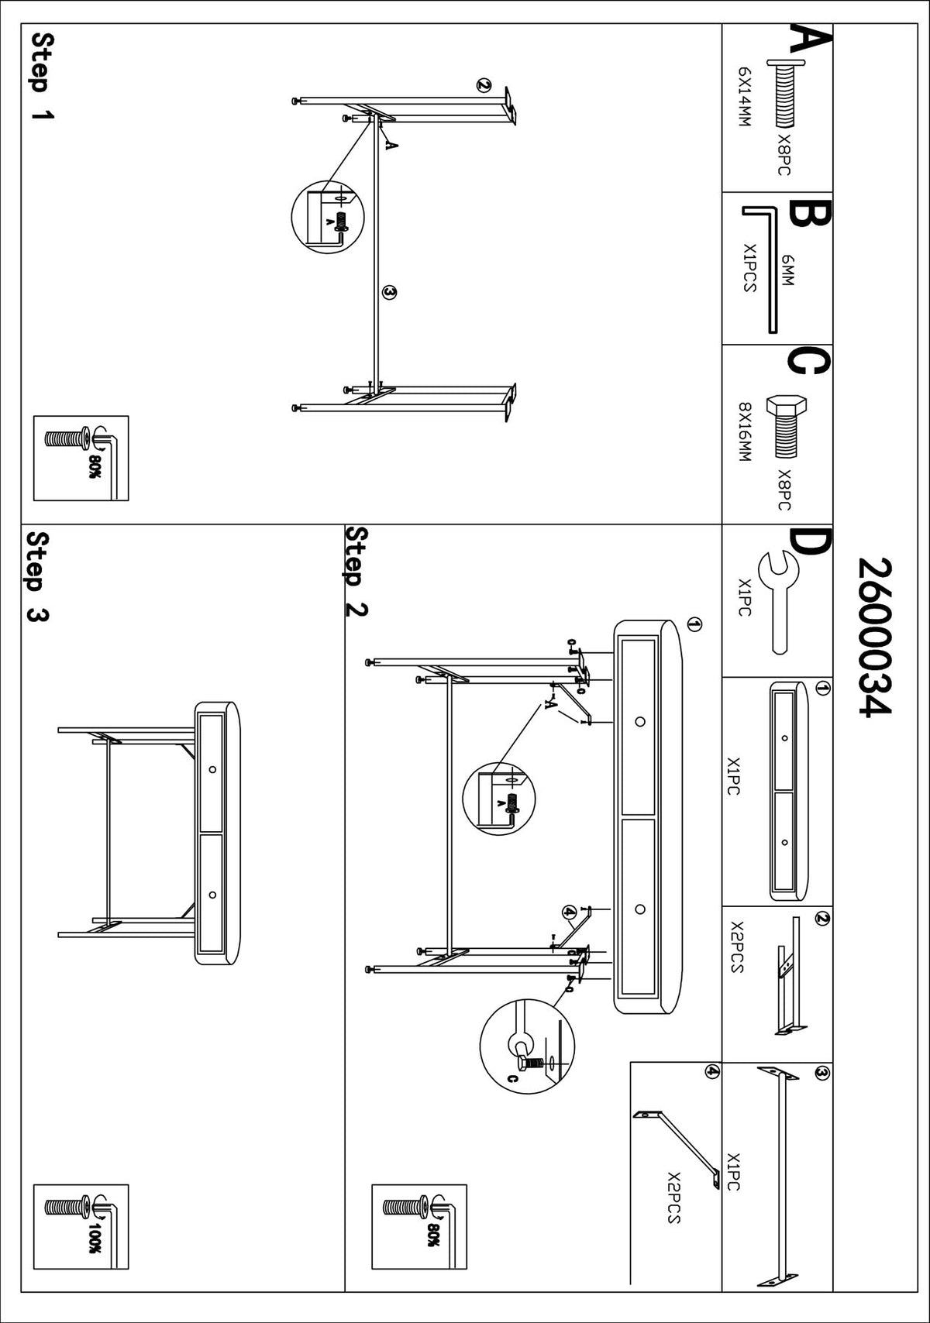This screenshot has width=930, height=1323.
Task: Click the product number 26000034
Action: point(873,637)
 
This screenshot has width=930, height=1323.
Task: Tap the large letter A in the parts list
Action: point(809,41)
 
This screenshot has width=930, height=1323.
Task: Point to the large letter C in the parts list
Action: point(809,362)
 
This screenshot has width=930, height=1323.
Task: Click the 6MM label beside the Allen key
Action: point(788,270)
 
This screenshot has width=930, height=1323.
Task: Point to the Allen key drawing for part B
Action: point(763,270)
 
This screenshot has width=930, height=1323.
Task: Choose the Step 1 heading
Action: point(43,76)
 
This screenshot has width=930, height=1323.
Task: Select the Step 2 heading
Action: point(356,571)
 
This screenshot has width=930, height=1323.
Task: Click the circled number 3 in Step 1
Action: point(389,292)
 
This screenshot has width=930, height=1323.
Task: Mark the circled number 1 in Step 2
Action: point(694,624)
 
